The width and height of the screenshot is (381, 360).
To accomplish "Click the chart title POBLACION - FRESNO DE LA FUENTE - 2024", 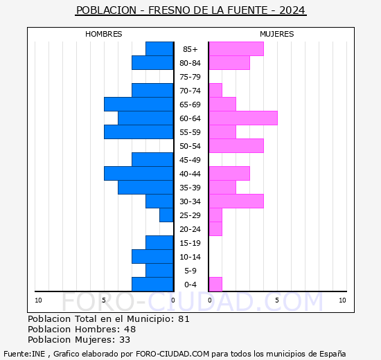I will pos(190,10).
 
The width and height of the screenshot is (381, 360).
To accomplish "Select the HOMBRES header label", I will pos(104,34).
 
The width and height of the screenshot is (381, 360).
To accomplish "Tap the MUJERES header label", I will pos(276,34).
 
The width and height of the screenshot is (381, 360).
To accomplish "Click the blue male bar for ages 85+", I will pos(159,49).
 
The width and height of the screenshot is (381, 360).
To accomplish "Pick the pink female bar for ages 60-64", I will pos(242,118).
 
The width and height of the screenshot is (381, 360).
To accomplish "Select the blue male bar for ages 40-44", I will pos(139,174).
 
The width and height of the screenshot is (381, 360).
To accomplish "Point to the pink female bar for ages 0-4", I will pos(215,285).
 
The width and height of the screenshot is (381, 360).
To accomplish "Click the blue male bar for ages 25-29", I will pos(166,215).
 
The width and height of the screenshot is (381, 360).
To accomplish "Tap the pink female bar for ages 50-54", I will pos(236,146).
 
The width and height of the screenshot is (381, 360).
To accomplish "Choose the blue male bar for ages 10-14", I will pos(152,257).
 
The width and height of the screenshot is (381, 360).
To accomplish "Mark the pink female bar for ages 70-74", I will pos(215,91).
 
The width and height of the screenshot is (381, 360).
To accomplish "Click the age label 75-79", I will pos(190,77).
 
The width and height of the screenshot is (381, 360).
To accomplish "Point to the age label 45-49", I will pos(190,160).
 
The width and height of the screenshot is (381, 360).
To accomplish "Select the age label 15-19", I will pos(190,243).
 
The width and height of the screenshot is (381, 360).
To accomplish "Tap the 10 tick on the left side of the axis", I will pos(38,300).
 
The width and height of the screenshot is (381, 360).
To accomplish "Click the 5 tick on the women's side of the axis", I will pos(276,300).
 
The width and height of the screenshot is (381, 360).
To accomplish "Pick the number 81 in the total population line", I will pos(184,319).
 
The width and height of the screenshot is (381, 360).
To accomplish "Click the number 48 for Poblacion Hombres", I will pos(130,330).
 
